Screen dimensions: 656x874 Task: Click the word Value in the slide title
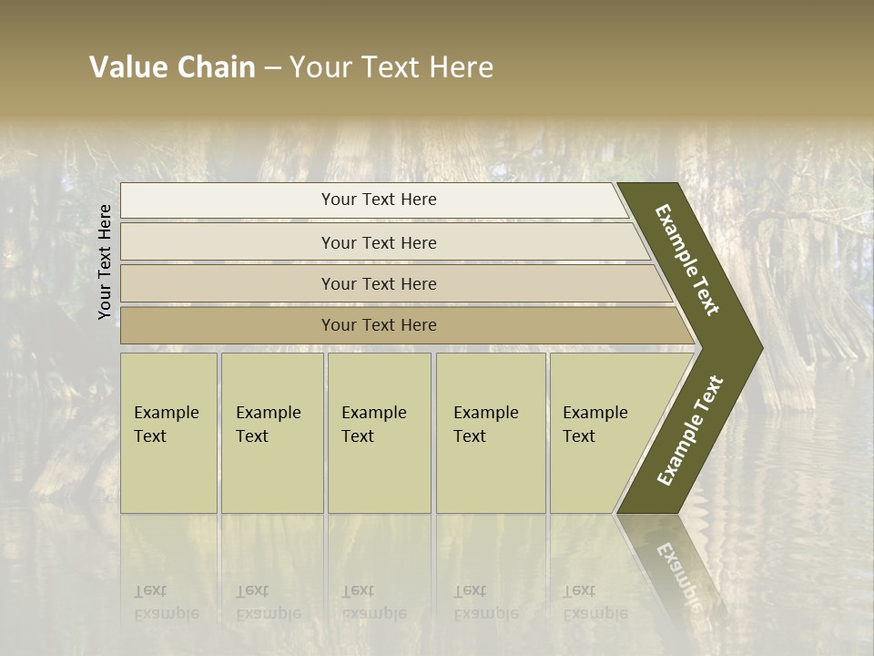tap(127, 67)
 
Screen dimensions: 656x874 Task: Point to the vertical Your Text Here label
tap(105, 261)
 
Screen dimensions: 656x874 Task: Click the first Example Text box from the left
tap(168, 433)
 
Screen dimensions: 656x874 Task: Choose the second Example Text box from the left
tap(271, 433)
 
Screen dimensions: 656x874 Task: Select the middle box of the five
tap(379, 433)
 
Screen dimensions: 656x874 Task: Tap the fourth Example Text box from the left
tap(491, 433)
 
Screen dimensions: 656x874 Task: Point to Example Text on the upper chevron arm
tap(687, 260)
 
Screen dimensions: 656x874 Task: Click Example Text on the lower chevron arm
tap(689, 431)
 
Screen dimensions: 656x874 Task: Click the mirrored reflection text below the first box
tap(167, 602)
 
